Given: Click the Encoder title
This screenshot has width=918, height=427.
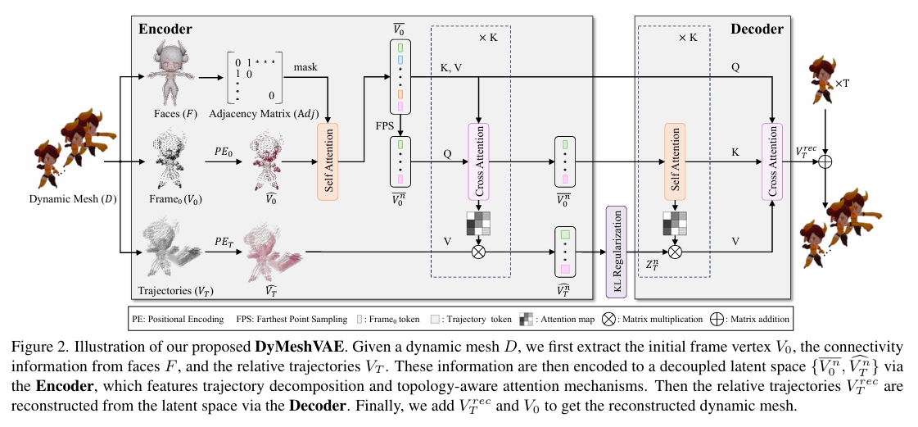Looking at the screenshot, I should (165, 30).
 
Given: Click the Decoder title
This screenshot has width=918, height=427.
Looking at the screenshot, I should (757, 30).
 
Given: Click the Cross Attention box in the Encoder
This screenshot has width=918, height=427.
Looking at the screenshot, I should (477, 161).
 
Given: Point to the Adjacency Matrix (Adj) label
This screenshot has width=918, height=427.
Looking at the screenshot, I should (253, 111).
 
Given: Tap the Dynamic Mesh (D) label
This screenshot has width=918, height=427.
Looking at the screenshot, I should (71, 199).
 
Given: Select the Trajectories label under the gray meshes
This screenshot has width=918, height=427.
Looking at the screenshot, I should (170, 290).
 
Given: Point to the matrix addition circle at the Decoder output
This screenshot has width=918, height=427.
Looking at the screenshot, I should (825, 162).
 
